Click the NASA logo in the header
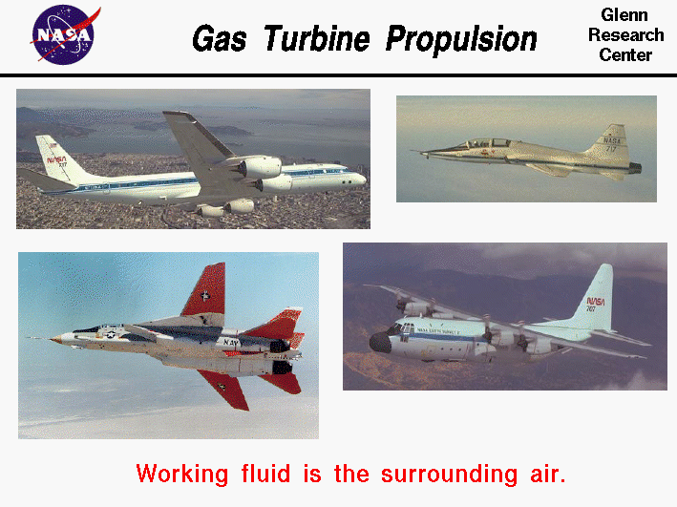63,35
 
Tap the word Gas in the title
222,39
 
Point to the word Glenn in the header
625,15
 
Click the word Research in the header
625,35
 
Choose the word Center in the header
625,54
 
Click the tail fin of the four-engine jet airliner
54,156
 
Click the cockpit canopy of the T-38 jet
475,143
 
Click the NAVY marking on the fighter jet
232,341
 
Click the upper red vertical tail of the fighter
207,290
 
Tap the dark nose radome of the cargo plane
379,342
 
